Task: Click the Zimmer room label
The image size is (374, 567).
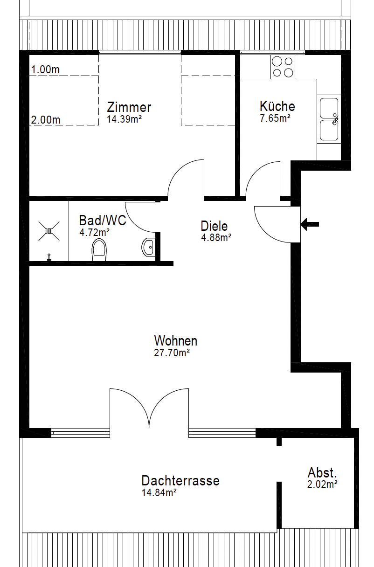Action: (129, 107)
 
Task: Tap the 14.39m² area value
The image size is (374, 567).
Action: (124, 119)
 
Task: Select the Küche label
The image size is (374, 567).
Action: (277, 106)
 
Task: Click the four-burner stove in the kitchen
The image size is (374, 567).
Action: (283, 67)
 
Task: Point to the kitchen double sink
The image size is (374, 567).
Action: (329, 119)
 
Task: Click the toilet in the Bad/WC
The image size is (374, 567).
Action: (99, 250)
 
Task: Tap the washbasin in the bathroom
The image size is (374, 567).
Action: (148, 247)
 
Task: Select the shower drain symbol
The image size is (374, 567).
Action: (49, 229)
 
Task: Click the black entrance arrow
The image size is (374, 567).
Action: (310, 224)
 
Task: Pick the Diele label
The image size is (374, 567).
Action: (215, 226)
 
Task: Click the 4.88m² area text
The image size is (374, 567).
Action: (216, 237)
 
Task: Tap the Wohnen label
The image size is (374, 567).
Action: (176, 340)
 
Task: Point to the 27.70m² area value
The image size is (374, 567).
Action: (172, 353)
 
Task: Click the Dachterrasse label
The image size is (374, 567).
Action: (180, 481)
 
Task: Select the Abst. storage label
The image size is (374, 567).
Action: (322, 472)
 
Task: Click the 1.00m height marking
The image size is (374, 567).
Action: (45, 70)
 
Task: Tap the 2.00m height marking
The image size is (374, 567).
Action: (46, 120)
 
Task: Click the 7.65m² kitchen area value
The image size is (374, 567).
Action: (275, 118)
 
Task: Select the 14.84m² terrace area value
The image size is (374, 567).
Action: (159, 493)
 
